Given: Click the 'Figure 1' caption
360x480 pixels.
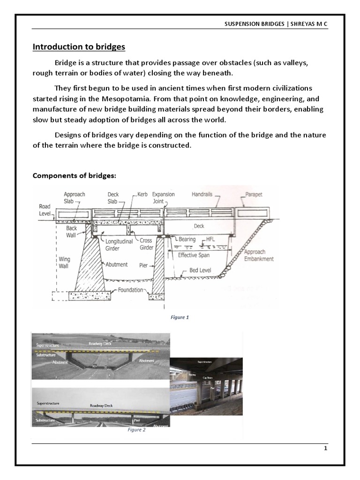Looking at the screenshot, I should pyautogui.click(x=180, y=317).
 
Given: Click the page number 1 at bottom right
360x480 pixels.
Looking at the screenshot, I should pyautogui.click(x=325, y=449).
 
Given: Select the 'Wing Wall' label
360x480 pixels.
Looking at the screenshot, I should pyautogui.click(x=64, y=262).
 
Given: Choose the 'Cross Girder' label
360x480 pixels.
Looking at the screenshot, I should pyautogui.click(x=146, y=244).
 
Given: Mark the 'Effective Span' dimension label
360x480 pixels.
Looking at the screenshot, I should pyautogui.click(x=194, y=255).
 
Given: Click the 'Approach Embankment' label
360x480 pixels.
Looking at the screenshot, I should pyautogui.click(x=259, y=255).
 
